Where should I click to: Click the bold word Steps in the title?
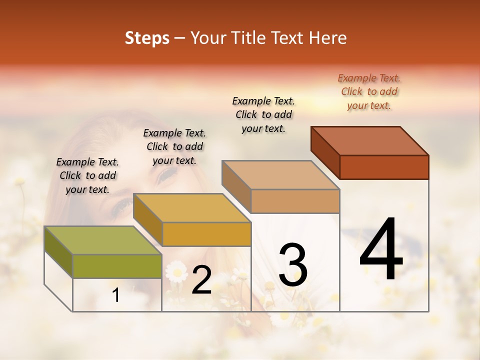(x=147, y=38)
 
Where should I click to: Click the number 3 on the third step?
(x=292, y=265)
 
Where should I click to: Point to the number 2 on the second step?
(x=201, y=280)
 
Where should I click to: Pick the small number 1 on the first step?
(x=116, y=295)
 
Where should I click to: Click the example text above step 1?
(x=87, y=175)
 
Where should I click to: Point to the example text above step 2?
(x=174, y=146)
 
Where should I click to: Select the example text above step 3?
(x=263, y=114)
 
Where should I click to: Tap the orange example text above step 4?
(x=369, y=91)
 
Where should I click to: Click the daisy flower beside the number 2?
(x=176, y=271)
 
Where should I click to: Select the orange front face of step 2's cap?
(x=206, y=234)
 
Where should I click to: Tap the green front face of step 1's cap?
(x=117, y=266)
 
